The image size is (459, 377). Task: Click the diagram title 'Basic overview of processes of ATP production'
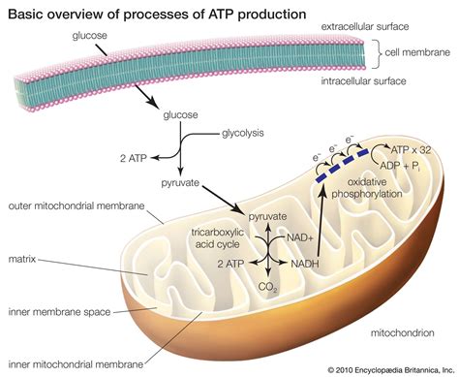166,14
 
